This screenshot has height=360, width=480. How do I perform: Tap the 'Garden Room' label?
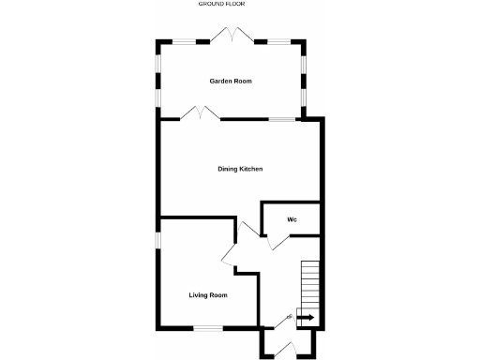(230, 82)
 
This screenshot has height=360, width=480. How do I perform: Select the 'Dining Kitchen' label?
(240, 169)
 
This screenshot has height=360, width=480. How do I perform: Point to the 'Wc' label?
(292, 219)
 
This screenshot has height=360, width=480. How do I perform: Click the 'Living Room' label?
(208, 295)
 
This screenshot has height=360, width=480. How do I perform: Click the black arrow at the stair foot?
(307, 318)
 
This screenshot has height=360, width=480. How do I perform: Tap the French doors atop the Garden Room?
(230, 35)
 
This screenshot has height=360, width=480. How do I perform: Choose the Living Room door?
(228, 253)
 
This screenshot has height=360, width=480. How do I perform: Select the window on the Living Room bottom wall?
(207, 327)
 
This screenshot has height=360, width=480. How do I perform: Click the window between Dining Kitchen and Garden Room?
(280, 118)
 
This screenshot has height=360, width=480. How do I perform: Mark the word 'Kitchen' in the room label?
(250, 169)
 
